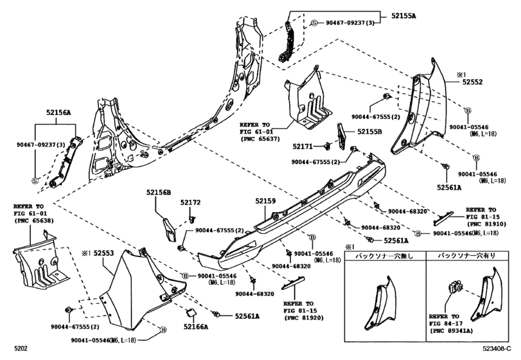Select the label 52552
473,82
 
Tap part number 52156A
58,112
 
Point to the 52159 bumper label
265,202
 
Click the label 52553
103,254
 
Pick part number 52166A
195,327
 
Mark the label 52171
305,147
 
